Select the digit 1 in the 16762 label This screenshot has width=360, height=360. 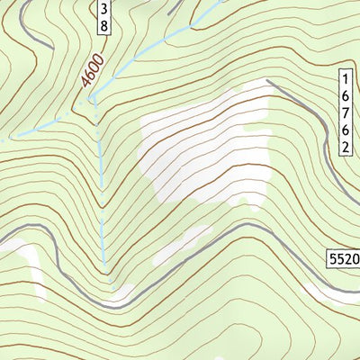(x=346, y=78)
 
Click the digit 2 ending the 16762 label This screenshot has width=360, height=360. (x=346, y=147)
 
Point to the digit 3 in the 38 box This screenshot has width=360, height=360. (x=104, y=9)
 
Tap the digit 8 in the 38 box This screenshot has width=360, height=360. (x=104, y=26)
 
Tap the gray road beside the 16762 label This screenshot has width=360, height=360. (x=324, y=144)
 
